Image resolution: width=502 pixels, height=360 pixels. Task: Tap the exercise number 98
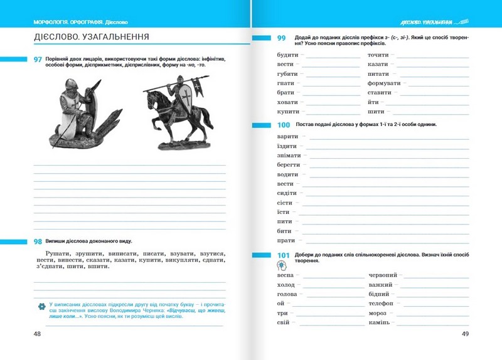click(x=38, y=241)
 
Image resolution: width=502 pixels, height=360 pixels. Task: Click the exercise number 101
click(x=283, y=255)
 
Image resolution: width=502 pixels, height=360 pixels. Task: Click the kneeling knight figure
click(x=81, y=111)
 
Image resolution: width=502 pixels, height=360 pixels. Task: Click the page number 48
click(x=38, y=334)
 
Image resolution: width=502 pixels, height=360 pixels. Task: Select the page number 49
click(x=465, y=334)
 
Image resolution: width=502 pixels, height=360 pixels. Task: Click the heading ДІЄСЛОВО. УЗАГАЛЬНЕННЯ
click(x=92, y=37)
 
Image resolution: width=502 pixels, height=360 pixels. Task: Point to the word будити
click(x=287, y=55)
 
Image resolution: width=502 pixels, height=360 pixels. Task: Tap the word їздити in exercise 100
click(x=287, y=146)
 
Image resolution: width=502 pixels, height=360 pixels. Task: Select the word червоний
click(x=382, y=275)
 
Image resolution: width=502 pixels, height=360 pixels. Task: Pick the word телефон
click(x=382, y=304)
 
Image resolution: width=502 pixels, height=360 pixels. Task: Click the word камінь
click(x=379, y=322)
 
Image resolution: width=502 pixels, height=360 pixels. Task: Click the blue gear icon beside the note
click(x=42, y=305)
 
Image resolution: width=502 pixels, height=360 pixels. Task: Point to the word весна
click(x=286, y=275)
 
